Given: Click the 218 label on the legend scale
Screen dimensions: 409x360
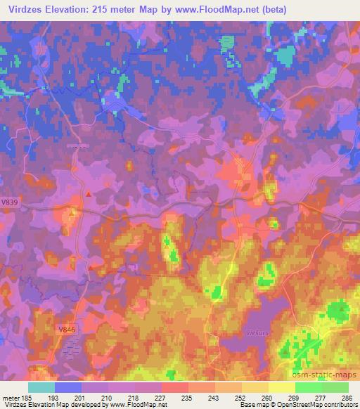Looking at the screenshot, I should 136,398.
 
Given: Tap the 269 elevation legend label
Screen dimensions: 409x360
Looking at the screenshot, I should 294,398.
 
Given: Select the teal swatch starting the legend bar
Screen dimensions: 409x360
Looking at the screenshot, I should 41,387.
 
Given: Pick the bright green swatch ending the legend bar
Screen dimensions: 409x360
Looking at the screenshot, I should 335,387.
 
